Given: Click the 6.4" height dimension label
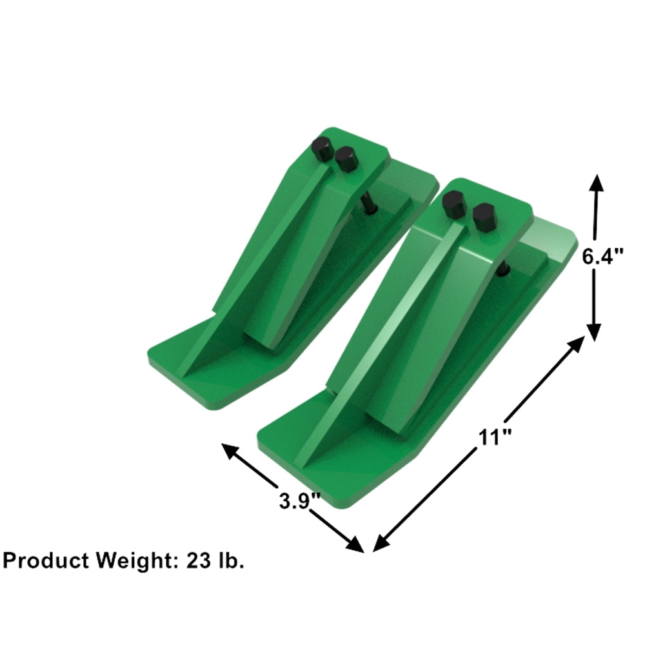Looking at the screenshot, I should point(603,257).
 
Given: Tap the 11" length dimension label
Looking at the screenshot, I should point(495,437).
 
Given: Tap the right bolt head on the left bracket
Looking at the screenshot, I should point(346,158).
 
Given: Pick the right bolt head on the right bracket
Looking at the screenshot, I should point(484,216).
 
